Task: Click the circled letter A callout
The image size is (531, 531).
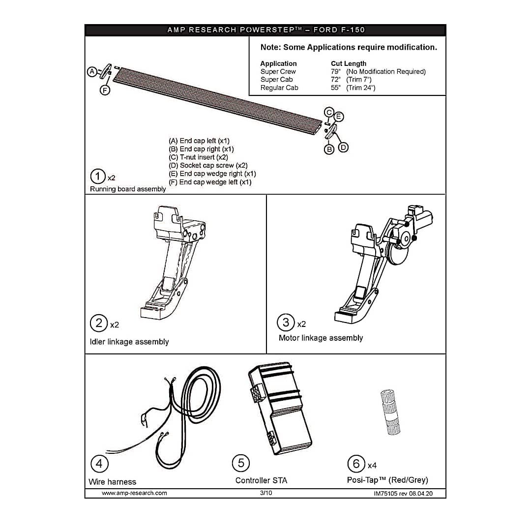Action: point(92,72)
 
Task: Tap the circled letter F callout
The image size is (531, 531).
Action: point(105,90)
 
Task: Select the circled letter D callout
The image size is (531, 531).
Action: point(343,147)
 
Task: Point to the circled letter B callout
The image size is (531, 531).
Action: point(329,148)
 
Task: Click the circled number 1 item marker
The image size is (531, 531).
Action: point(98,177)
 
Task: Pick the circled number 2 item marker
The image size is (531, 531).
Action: point(99,323)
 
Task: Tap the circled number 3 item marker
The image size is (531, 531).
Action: point(286,323)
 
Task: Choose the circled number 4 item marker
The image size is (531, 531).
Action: point(99,463)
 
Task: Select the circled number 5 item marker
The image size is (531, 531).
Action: point(241,463)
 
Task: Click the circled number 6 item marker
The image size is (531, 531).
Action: point(356,463)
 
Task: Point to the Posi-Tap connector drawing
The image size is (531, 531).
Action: point(390,413)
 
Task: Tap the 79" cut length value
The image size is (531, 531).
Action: point(335,72)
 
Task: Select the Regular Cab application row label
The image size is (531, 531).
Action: point(279,88)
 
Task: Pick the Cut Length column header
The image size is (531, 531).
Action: point(348,63)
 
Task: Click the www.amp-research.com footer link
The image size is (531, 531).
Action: point(134,493)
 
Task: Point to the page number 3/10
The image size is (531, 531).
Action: point(265,493)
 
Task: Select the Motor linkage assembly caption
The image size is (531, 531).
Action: point(321,338)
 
